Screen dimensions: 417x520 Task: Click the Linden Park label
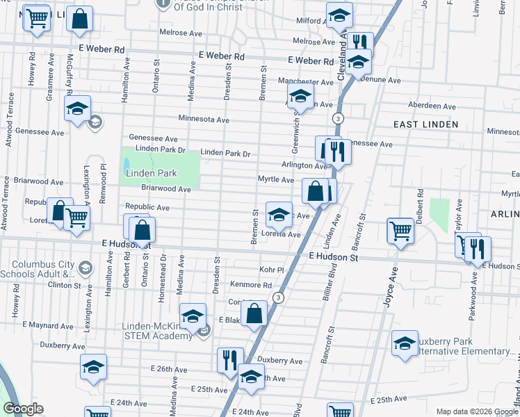pos(151,173)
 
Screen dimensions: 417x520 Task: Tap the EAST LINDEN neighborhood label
pos(425,124)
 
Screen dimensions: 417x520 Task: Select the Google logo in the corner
pos(23,409)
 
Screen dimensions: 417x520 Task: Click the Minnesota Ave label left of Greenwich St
pos(204,120)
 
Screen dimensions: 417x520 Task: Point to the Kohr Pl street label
pos(272,270)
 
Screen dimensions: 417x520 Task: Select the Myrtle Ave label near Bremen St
pos(276,179)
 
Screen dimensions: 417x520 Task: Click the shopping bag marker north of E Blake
pos(255,313)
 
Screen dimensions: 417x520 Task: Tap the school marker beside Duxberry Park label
pos(405,343)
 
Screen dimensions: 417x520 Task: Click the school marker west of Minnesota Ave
pos(78,108)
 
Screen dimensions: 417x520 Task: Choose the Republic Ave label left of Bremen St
pos(147,207)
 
